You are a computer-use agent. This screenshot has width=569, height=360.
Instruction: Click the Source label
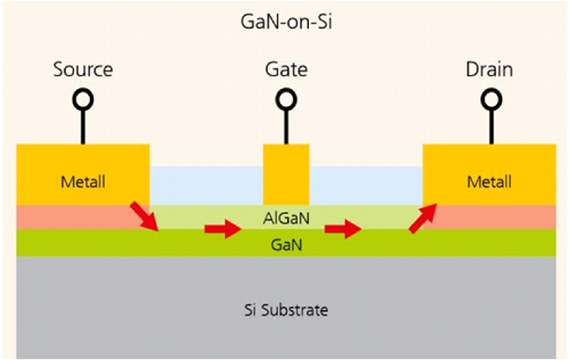click(x=83, y=70)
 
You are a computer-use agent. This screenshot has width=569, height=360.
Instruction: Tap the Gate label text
click(x=286, y=70)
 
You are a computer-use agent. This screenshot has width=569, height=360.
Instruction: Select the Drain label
click(x=489, y=70)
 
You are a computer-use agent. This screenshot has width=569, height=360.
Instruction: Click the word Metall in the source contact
click(x=83, y=182)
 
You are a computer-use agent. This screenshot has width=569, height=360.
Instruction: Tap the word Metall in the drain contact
click(x=489, y=182)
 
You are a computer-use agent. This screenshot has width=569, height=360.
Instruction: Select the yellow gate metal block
click(x=286, y=174)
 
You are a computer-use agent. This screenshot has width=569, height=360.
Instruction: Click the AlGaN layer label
click(x=286, y=219)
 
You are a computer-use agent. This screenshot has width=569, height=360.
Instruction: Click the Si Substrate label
click(x=286, y=311)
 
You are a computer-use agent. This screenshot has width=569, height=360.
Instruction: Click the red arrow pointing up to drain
click(x=423, y=218)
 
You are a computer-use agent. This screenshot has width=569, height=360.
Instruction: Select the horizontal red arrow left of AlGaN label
click(x=222, y=229)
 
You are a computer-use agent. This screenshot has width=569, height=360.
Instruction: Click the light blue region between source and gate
click(x=206, y=186)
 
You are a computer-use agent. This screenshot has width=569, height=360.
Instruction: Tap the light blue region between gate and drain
click(x=366, y=186)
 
